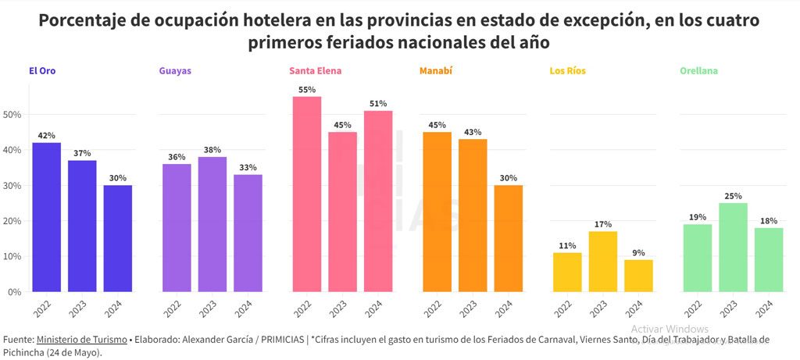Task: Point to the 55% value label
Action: (307, 90)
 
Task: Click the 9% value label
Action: (639, 253)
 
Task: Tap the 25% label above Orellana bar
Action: (733, 196)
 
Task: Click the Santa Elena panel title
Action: (315, 71)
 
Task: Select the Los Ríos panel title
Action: (567, 71)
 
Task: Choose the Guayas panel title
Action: (175, 71)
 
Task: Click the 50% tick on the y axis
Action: (12, 115)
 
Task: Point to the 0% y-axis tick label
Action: (14, 292)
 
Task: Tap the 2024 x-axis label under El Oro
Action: (115, 308)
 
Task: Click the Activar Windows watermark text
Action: (670, 329)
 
